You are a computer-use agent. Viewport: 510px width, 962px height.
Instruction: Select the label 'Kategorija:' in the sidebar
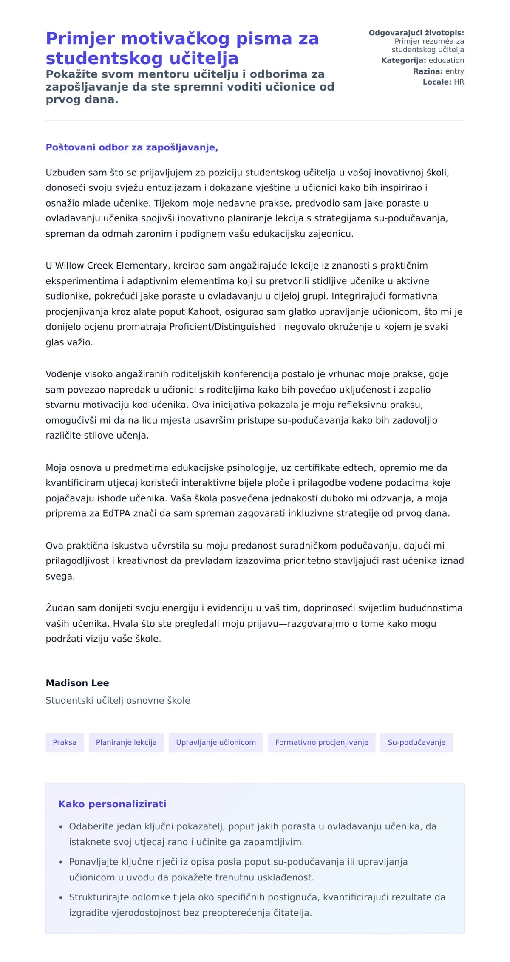pos(403,60)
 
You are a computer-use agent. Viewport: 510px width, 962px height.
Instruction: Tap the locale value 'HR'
pos(459,82)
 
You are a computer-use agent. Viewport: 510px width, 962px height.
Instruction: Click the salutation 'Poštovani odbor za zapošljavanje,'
pos(132,147)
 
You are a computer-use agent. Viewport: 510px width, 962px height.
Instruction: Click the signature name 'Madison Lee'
pos(77,683)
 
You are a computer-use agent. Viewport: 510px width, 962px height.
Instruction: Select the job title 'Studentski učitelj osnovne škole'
pos(118,700)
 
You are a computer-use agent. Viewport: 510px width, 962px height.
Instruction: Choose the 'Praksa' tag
pos(65,742)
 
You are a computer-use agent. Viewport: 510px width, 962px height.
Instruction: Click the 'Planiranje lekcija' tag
pos(126,742)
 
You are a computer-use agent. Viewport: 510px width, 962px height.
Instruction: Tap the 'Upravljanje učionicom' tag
pos(216,742)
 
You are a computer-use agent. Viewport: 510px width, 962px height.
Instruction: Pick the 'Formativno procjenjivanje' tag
pos(322,742)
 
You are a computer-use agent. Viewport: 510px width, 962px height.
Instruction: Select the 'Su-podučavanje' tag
pos(416,742)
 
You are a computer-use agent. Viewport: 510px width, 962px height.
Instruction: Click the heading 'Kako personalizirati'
pos(112,804)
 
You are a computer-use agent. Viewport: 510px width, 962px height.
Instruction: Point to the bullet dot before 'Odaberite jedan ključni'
pos(61,827)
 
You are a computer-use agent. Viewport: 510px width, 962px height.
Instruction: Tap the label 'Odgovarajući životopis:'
pos(416,33)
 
